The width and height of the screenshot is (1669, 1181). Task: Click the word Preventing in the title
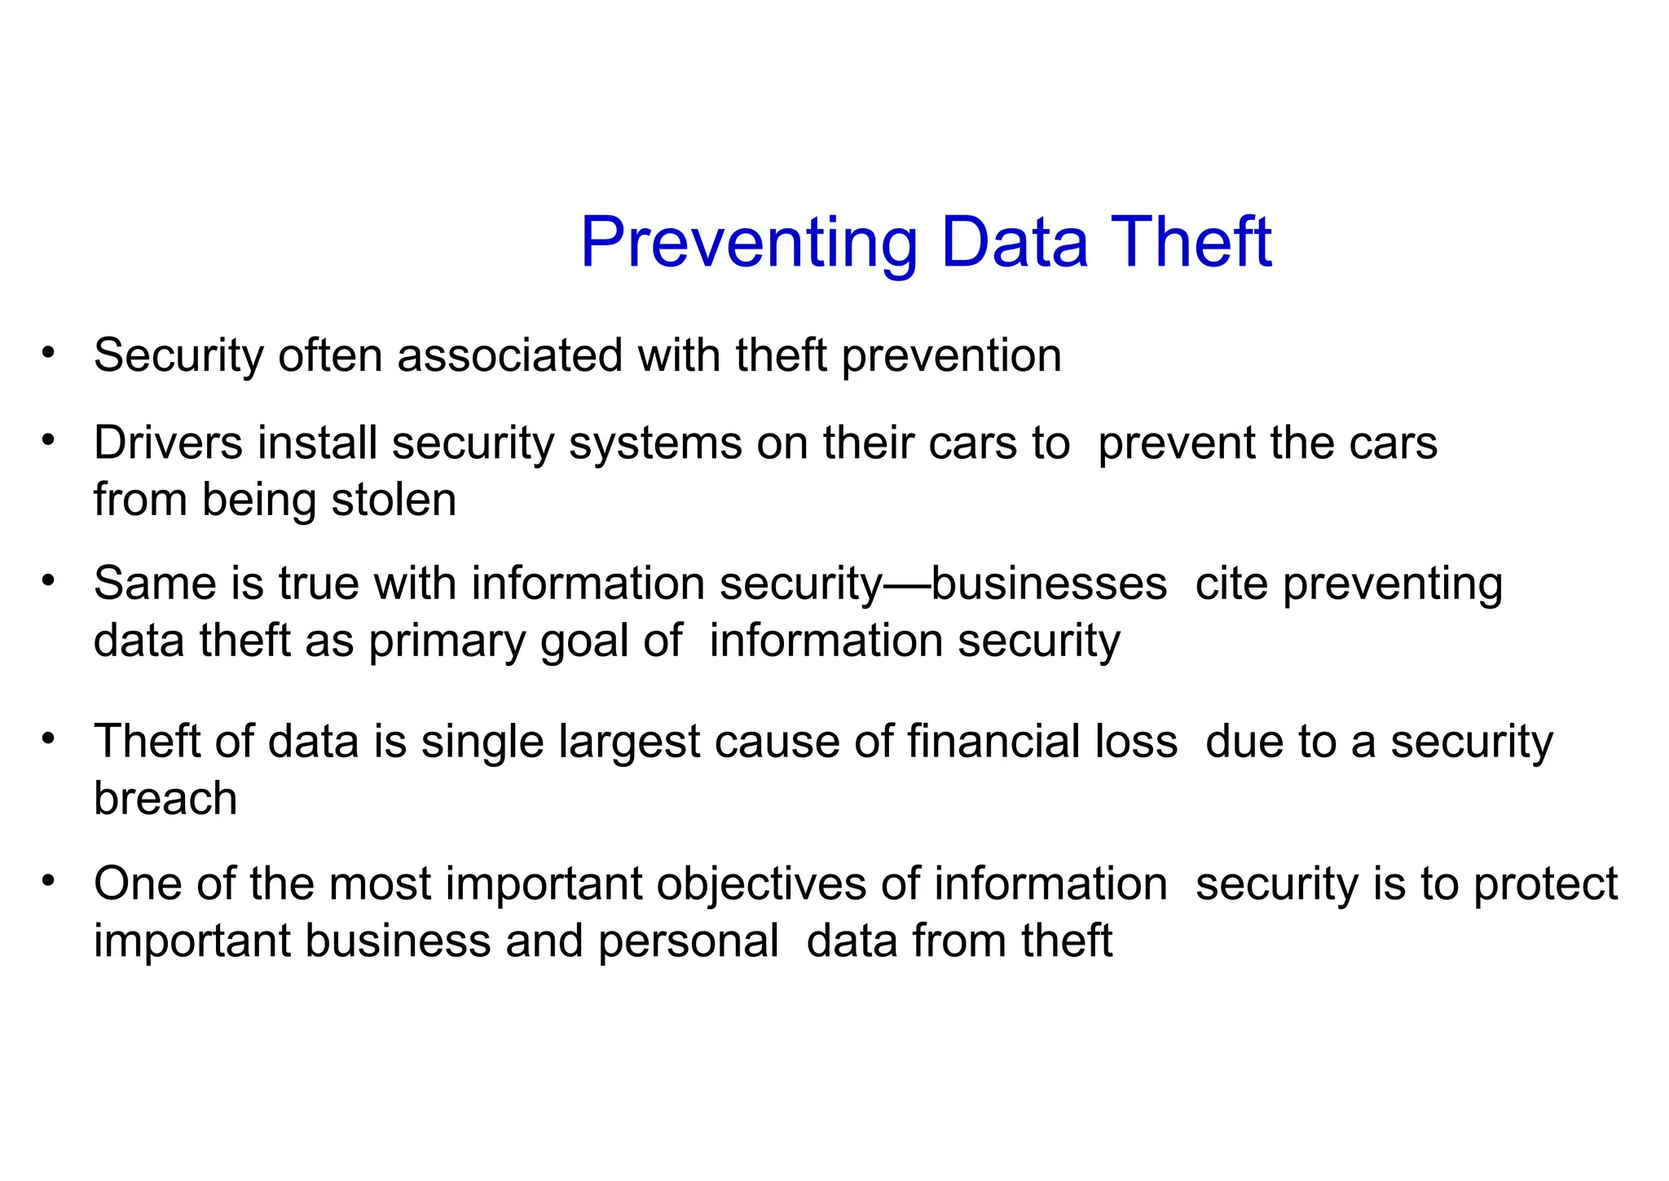[x=748, y=243]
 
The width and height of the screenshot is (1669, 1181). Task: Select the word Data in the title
[x=1014, y=243]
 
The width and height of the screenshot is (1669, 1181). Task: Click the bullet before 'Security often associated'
[x=49, y=353]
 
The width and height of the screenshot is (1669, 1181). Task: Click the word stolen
[x=394, y=500]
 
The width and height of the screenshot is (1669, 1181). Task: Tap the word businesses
[x=1049, y=584]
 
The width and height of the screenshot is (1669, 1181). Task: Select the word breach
[x=165, y=798]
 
